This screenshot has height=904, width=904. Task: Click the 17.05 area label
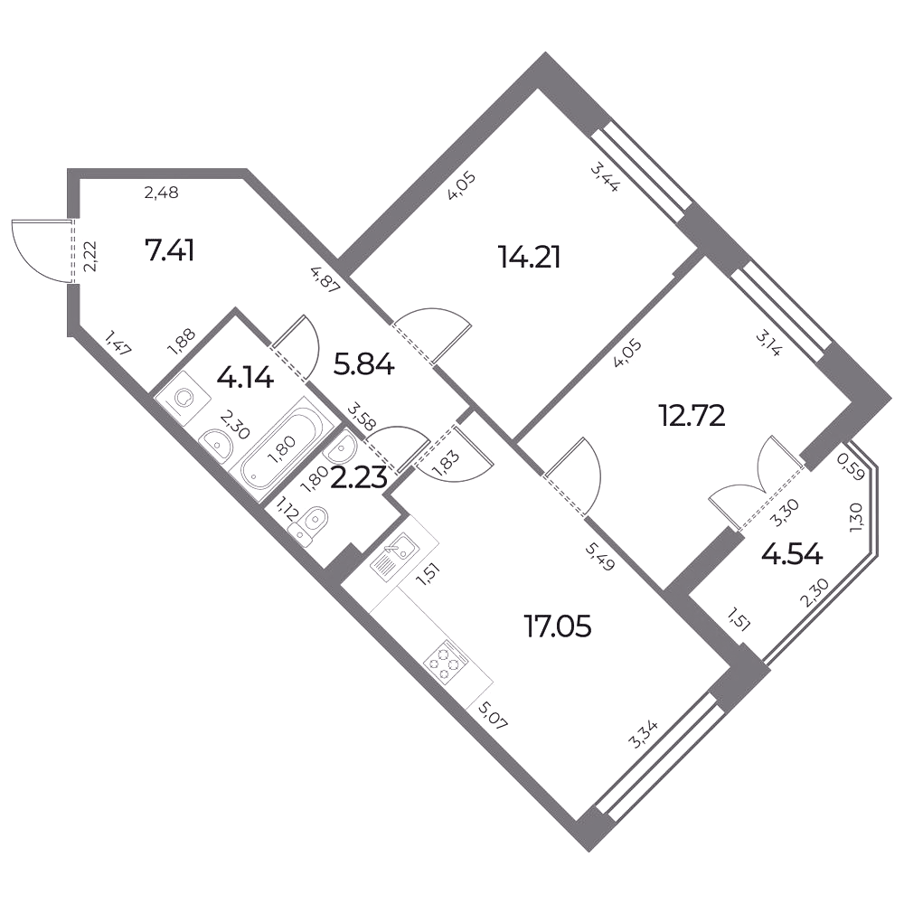point(558,626)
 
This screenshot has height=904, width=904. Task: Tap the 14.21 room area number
point(530,257)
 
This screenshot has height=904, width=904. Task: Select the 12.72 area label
point(692,415)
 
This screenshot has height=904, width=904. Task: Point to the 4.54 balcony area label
point(792,555)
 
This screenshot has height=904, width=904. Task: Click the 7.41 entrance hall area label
point(170,251)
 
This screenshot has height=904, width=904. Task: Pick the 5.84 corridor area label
point(363,365)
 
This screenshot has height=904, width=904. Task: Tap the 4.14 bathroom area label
point(244,378)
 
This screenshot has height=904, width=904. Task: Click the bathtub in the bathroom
point(278,448)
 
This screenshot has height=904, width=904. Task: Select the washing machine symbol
point(184,398)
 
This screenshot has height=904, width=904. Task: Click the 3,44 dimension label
point(604,177)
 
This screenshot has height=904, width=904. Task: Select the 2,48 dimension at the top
point(162,193)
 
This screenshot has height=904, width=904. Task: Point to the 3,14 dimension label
point(767,344)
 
